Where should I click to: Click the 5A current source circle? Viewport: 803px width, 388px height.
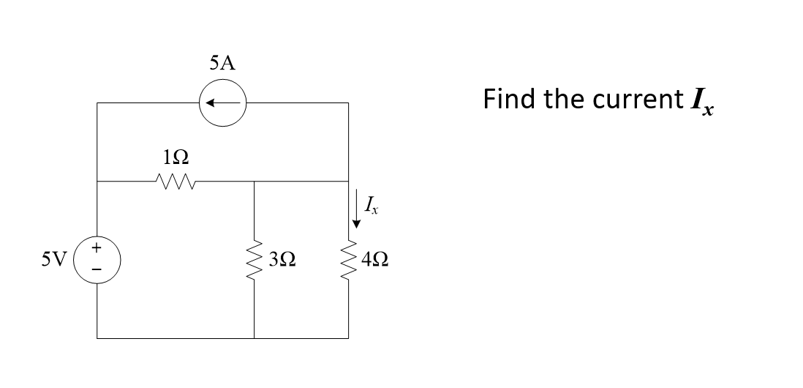click(222, 104)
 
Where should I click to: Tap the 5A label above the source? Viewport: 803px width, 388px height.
click(222, 64)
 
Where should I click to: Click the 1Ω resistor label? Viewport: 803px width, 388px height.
click(174, 156)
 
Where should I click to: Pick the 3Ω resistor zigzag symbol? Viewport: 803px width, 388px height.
click(254, 259)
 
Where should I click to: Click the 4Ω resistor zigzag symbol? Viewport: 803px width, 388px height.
click(347, 259)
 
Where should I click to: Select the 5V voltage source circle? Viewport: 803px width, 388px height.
click(97, 259)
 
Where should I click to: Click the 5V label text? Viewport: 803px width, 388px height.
click(56, 259)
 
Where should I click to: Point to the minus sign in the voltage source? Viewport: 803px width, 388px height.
click(97, 270)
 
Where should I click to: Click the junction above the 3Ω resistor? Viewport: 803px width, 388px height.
click(254, 181)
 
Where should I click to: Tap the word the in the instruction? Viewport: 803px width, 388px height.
click(562, 99)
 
